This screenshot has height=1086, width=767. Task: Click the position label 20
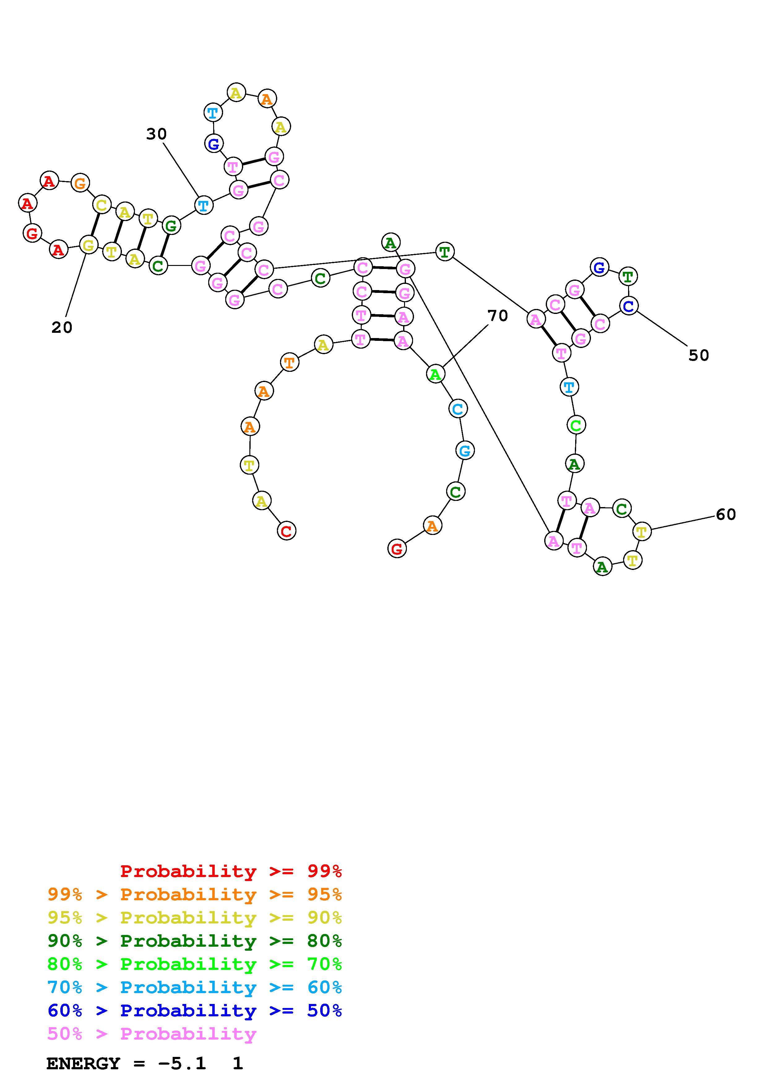tap(62, 327)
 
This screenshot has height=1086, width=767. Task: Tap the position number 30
tap(156, 134)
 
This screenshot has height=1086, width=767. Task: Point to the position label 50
tap(699, 355)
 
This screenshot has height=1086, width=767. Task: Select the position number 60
tap(726, 514)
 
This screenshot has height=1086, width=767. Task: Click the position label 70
tap(498, 315)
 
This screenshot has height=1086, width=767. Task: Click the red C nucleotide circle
tap(287, 531)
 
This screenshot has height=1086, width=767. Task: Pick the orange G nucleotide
tap(80, 183)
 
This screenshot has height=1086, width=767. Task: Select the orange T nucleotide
tap(289, 363)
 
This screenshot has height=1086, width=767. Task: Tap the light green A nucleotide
tap(435, 374)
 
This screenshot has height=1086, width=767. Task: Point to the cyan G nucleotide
tap(465, 450)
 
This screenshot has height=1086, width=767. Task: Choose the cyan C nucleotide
tap(458, 409)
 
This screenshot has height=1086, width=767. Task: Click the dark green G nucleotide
tap(171, 226)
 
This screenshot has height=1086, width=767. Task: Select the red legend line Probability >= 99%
tap(231, 871)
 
